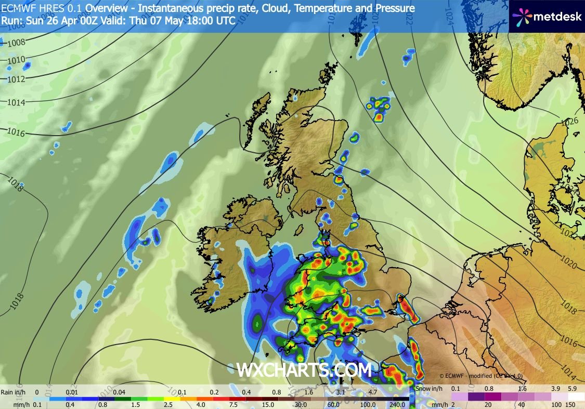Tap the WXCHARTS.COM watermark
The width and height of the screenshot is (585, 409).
pos(304,370)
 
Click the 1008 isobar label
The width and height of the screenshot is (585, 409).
pos(16,43)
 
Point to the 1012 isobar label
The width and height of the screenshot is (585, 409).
pos(17,79)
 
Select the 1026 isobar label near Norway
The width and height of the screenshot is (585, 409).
pos(570,122)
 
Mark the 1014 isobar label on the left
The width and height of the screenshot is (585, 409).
pos(17,102)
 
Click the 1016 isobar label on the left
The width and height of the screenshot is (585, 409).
pos(17,133)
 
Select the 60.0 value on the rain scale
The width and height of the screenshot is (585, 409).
pos(333,404)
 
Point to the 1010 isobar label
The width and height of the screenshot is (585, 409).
pos(17,61)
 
